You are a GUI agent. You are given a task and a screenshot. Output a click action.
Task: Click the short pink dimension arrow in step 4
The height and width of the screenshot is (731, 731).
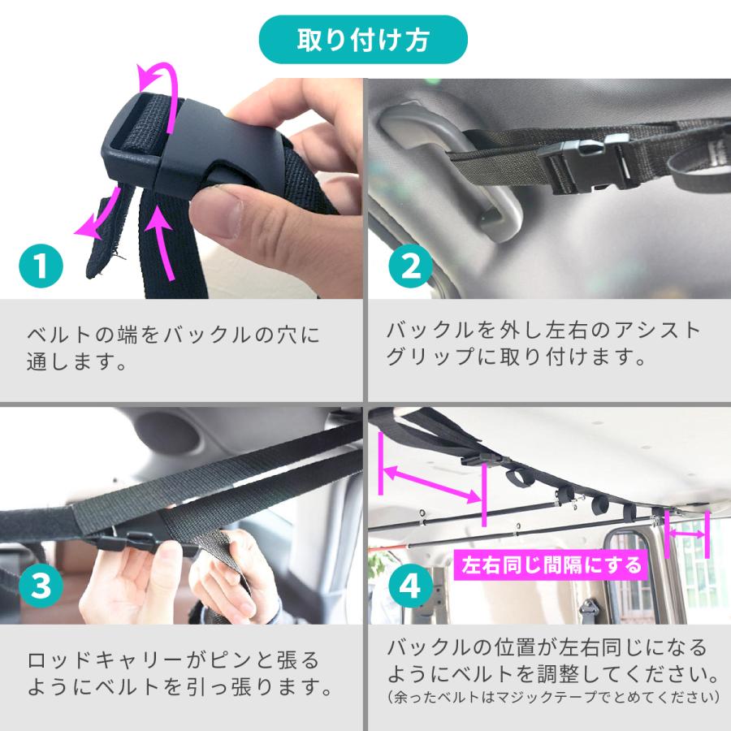[x=687, y=533]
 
